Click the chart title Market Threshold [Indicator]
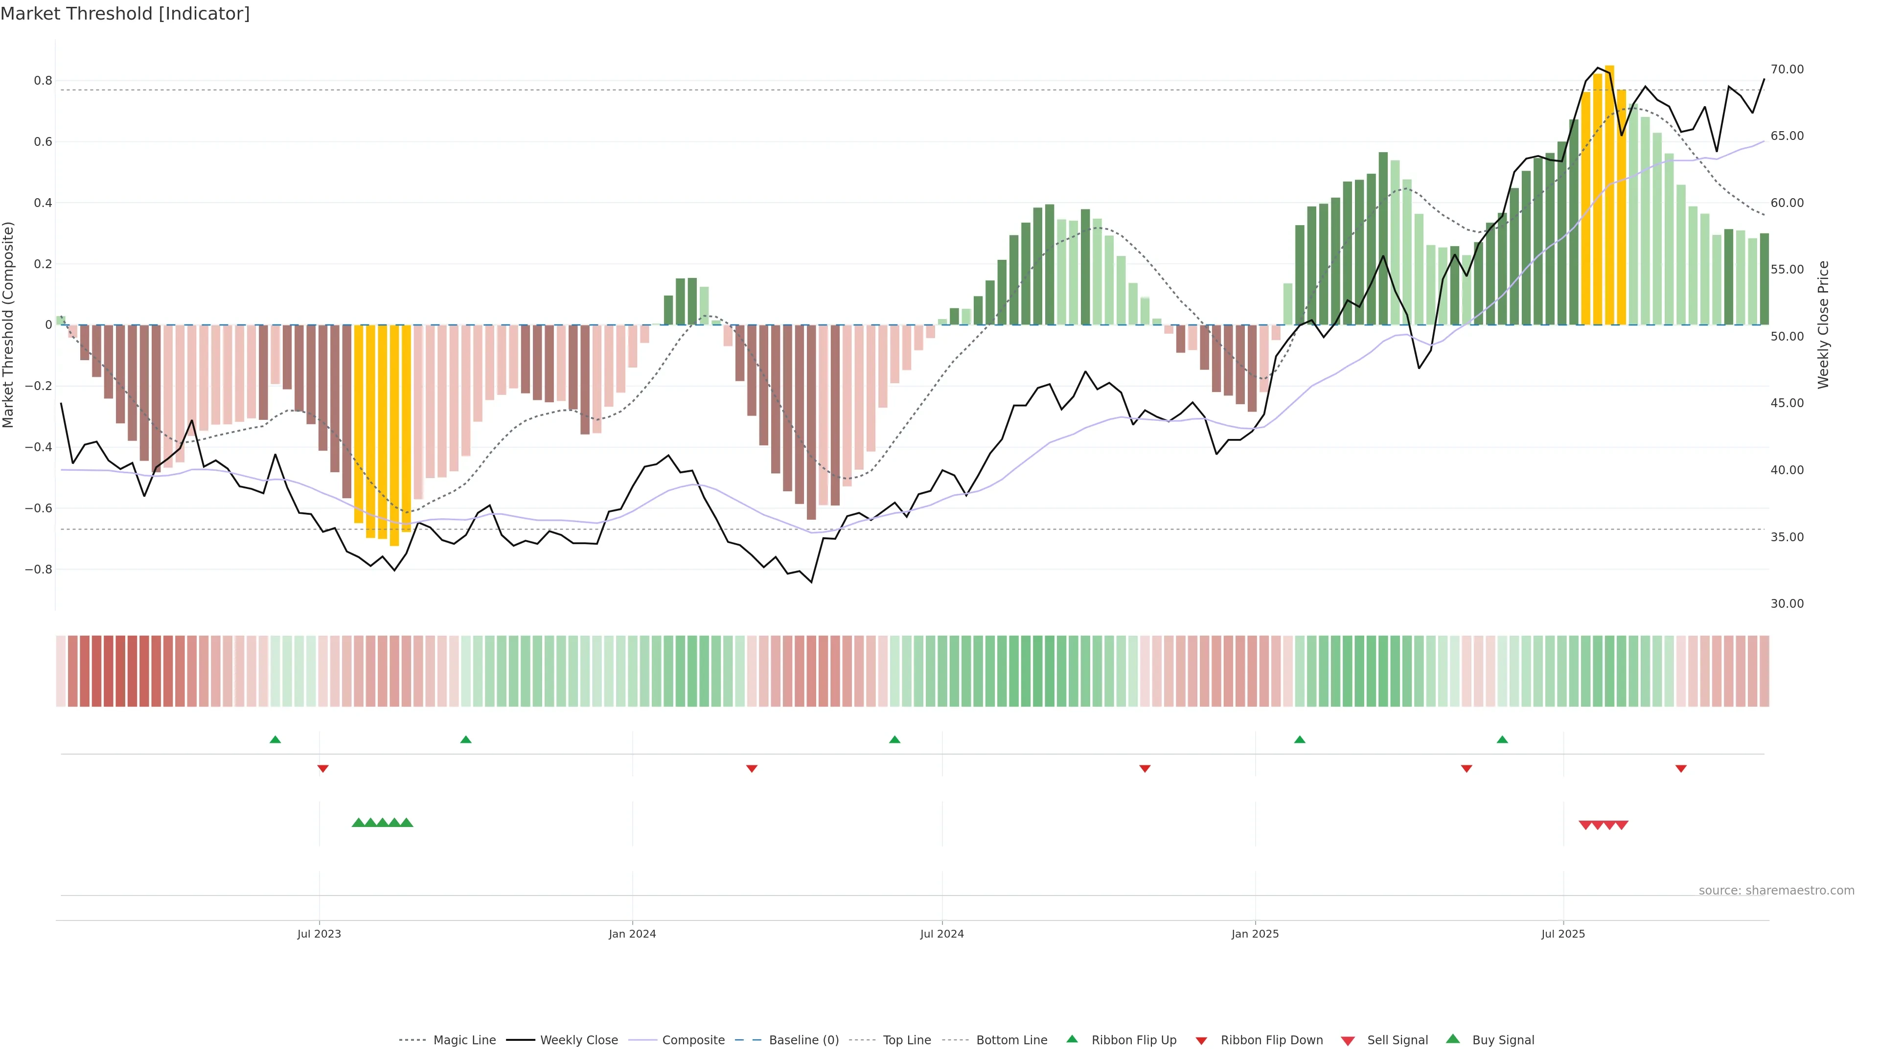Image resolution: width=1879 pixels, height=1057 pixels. click(x=125, y=14)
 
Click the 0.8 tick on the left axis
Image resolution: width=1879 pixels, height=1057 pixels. click(x=43, y=80)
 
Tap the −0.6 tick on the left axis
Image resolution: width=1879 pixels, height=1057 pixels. click(x=39, y=508)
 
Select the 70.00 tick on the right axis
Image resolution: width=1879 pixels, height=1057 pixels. click(x=1787, y=69)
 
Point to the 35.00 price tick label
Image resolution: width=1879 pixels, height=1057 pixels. click(x=1787, y=537)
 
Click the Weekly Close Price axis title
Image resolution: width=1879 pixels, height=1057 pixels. click(x=1824, y=324)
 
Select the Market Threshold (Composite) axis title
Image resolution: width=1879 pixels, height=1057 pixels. click(x=9, y=324)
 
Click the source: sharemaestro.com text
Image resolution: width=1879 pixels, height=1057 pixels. click(x=1776, y=890)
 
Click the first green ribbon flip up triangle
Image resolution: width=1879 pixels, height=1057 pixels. click(x=275, y=740)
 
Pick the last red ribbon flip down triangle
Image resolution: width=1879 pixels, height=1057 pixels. click(x=1681, y=768)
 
